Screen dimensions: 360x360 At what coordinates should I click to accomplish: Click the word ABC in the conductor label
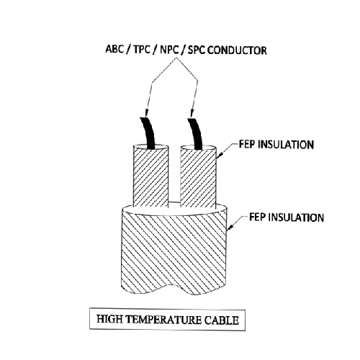pos(114,49)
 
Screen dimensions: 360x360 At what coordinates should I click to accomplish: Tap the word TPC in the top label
pos(142,50)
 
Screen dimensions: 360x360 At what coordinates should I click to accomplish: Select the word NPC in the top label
pos(169,50)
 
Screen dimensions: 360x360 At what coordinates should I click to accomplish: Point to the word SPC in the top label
pos(197,50)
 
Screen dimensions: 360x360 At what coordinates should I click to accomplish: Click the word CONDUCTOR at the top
pos(237,50)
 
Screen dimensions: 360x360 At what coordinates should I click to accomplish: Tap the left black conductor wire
pos(148,133)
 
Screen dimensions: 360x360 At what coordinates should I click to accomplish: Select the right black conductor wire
pos(195,133)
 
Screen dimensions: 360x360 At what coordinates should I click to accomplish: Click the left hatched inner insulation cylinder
pos(150,176)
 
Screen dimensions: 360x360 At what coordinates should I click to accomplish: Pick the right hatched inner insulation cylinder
pos(198,176)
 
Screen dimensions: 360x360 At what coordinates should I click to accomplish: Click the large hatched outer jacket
pos(174,252)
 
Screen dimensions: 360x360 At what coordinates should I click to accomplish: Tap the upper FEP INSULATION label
pos(276,145)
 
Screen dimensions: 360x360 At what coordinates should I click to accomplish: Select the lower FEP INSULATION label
pos(287,217)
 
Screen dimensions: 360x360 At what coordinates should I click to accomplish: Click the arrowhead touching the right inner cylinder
pos(220,155)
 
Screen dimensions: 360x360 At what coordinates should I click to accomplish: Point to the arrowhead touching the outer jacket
pos(230,228)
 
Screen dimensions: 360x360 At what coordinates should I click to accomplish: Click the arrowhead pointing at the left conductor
pos(146,113)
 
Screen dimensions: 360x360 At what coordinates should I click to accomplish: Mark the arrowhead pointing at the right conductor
pos(192,113)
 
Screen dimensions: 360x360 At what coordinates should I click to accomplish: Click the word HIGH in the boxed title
pos(109,319)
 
